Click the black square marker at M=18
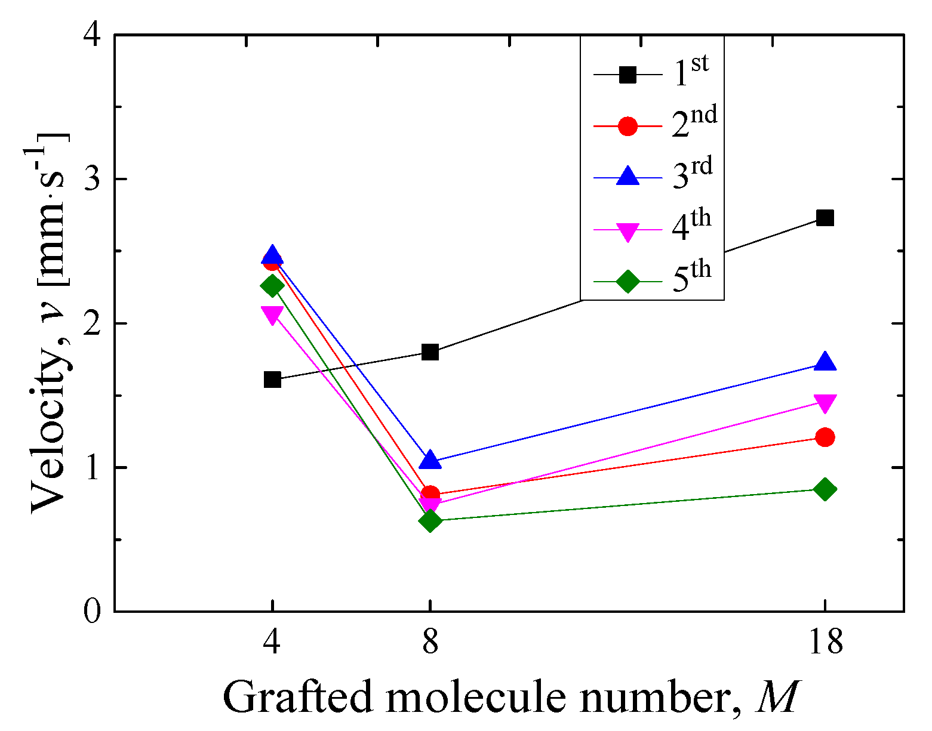[x=825, y=218]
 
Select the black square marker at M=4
[x=272, y=380]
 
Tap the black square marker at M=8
[x=430, y=352]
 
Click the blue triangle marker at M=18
[x=825, y=362]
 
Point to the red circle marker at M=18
[x=825, y=437]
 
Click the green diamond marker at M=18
[x=825, y=490]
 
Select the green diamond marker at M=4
[x=272, y=286]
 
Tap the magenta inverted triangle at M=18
[x=825, y=403]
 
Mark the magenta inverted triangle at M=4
[x=272, y=314]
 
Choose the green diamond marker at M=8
[x=430, y=521]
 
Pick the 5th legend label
[x=692, y=278]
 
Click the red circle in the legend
[x=628, y=127]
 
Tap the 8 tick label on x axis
[x=430, y=642]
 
